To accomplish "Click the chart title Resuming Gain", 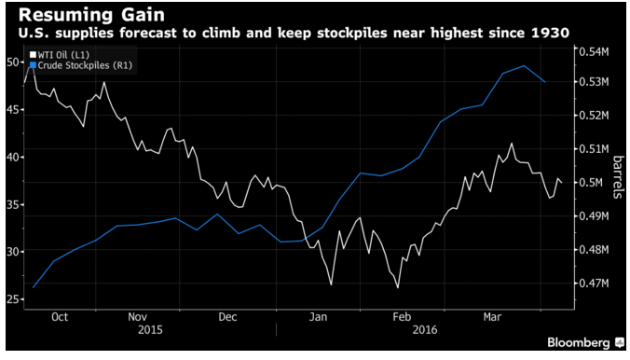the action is [x=91, y=15].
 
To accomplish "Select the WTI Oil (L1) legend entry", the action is [x=60, y=55].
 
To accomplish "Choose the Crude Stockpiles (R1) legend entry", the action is [x=81, y=65].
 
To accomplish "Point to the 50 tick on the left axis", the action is [x=13, y=62].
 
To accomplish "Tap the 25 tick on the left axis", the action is [x=13, y=299].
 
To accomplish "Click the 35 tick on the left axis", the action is [x=13, y=205].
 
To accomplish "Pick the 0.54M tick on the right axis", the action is [x=594, y=52].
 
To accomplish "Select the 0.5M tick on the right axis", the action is [x=591, y=183].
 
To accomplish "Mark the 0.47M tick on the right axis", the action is [x=594, y=284].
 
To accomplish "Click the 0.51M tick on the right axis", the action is [x=594, y=149].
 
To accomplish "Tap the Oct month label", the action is [x=60, y=317].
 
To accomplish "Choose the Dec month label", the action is [x=227, y=317].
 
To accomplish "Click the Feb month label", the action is [x=402, y=317].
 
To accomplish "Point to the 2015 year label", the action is [x=150, y=330].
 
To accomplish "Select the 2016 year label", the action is [x=425, y=330].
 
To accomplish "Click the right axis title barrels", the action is [x=618, y=177].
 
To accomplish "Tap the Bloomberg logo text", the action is [x=579, y=342].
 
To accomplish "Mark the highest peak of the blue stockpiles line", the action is [x=524, y=65].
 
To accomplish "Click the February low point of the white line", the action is [x=398, y=287].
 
